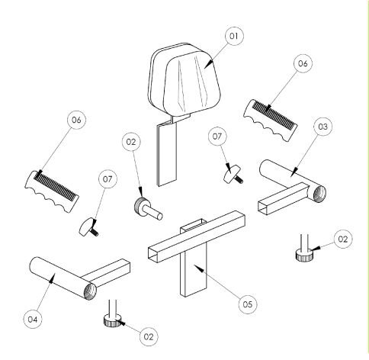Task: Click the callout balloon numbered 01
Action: (234, 36)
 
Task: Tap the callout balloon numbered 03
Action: (322, 127)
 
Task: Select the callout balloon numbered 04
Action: (33, 320)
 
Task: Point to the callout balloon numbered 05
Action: (248, 304)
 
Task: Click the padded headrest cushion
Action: (184, 79)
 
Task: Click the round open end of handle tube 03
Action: (319, 194)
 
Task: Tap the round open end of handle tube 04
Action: (90, 292)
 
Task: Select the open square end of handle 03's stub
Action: (263, 208)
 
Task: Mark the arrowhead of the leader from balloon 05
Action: (200, 269)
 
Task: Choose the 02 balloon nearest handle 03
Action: (343, 239)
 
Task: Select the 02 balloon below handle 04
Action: (149, 336)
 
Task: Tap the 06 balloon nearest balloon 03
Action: (303, 63)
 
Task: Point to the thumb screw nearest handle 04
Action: (89, 227)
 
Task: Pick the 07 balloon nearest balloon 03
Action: (217, 137)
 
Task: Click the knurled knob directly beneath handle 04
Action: (113, 321)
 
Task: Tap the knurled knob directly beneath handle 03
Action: (304, 255)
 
